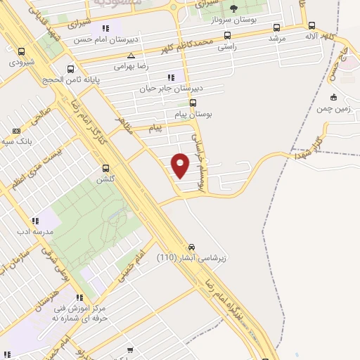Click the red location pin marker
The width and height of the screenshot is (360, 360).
181,165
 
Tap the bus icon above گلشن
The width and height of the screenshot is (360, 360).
106,168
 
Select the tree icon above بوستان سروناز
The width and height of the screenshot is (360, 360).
233,8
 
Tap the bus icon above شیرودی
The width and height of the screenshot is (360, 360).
22,51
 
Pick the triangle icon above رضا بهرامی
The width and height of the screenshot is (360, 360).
131,55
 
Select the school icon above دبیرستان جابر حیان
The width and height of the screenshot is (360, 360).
170,77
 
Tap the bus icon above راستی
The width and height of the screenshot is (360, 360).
226,34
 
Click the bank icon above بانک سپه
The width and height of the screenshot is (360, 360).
17,131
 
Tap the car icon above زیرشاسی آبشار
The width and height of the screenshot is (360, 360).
191,247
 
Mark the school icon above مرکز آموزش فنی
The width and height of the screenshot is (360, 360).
79,297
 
